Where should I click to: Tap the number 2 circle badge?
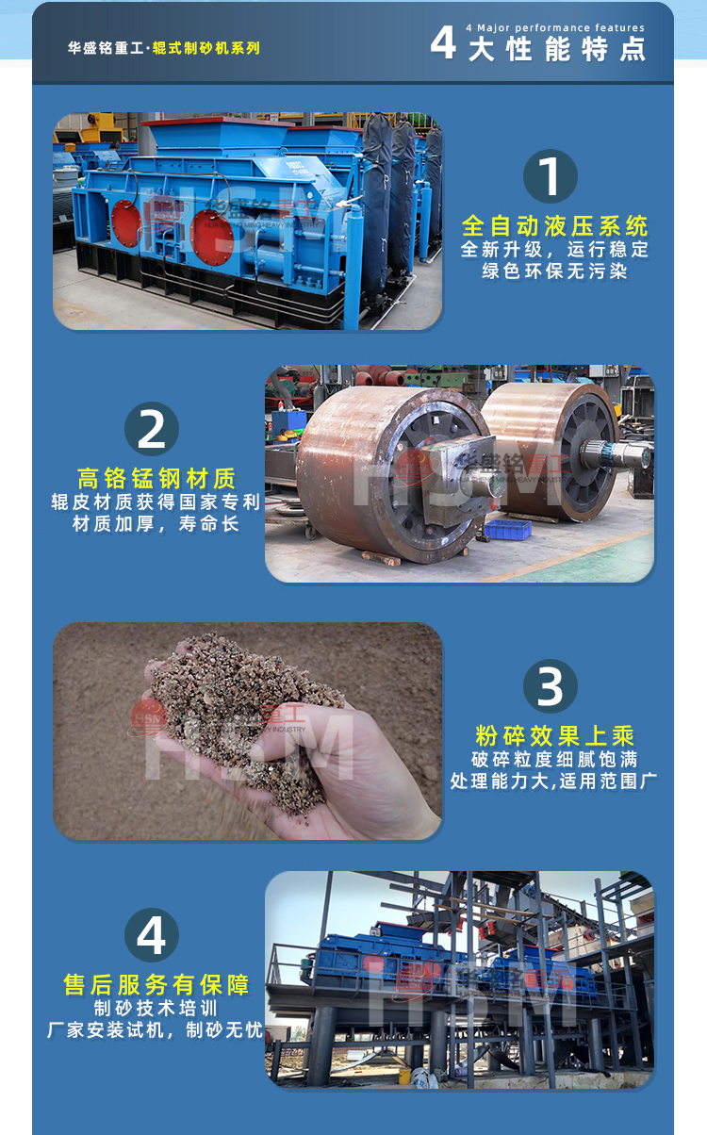tap(152, 429)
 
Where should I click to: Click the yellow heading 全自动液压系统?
tap(555, 226)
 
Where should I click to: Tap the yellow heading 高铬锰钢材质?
tap(156, 479)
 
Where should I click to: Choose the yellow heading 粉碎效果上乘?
tap(555, 736)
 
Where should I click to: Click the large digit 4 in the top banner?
tap(442, 43)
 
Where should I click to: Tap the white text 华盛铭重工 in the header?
tap(107, 47)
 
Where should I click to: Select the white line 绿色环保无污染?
tap(555, 272)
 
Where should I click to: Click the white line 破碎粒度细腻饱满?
tap(555, 759)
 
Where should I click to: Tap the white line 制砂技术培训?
tap(156, 1009)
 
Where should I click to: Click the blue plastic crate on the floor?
tap(508, 529)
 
